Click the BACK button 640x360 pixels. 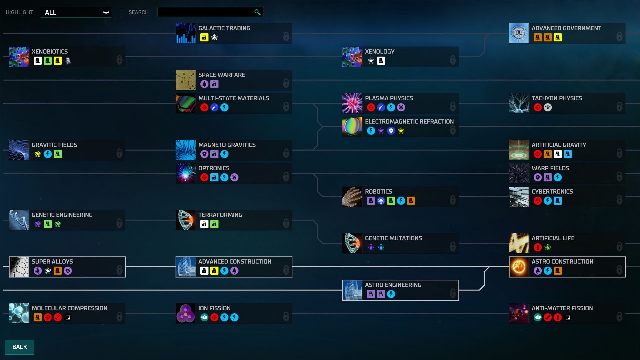(x=19, y=347)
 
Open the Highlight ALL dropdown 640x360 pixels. (x=76, y=12)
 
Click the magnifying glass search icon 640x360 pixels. (x=257, y=12)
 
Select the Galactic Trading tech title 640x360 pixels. (x=224, y=28)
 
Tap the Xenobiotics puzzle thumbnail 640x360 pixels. (x=19, y=57)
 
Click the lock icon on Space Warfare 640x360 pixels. (x=286, y=83)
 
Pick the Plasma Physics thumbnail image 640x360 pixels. (x=352, y=103)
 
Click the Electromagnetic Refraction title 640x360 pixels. (x=409, y=122)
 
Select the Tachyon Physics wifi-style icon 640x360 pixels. (x=548, y=107)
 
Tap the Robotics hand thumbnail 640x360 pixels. (x=352, y=197)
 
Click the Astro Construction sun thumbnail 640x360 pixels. (x=519, y=267)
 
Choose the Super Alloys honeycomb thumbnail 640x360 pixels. (x=19, y=267)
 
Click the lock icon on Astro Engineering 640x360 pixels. (x=453, y=293)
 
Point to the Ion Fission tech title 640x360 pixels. (x=214, y=308)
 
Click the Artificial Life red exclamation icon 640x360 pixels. (x=538, y=247)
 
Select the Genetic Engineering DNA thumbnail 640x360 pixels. (x=19, y=220)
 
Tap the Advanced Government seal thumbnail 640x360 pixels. (x=519, y=33)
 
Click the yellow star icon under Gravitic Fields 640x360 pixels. (x=38, y=154)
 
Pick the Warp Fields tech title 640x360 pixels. (x=550, y=168)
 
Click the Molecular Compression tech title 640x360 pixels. (x=69, y=308)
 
